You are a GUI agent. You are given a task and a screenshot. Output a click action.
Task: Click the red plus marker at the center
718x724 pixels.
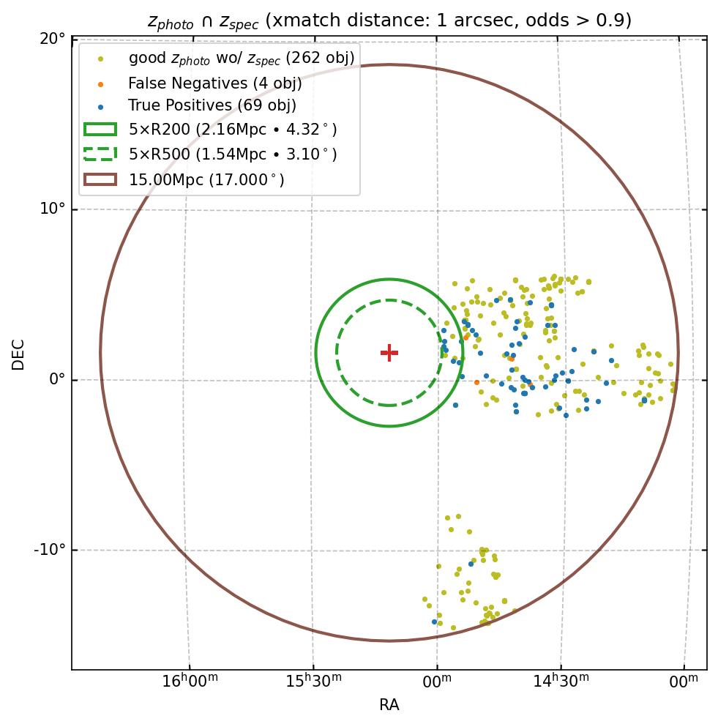(389, 353)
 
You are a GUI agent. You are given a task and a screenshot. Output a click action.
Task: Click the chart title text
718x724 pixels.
(389, 20)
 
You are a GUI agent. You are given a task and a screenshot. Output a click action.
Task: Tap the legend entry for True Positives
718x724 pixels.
(212, 105)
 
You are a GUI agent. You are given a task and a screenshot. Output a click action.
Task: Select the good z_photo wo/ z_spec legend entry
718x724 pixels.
(242, 58)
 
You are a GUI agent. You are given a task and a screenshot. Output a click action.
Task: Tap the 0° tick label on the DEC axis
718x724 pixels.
(56, 379)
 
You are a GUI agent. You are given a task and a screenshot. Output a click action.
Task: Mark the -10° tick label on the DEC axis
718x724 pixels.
(51, 550)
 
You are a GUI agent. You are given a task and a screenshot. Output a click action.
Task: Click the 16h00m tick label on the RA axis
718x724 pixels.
(190, 681)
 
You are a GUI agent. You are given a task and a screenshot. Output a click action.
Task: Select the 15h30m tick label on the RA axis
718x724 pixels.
(313, 681)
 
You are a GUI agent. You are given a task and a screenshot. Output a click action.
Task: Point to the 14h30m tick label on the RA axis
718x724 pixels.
(561, 681)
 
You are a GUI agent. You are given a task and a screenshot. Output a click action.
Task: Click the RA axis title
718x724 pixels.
(389, 705)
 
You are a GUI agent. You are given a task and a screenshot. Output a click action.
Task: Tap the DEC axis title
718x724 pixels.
(18, 354)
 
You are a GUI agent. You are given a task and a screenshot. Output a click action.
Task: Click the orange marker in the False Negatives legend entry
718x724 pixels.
(100, 83)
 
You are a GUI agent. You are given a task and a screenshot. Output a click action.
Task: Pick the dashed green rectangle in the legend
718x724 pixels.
(100, 154)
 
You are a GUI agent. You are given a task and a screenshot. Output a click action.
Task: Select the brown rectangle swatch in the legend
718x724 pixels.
(100, 179)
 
